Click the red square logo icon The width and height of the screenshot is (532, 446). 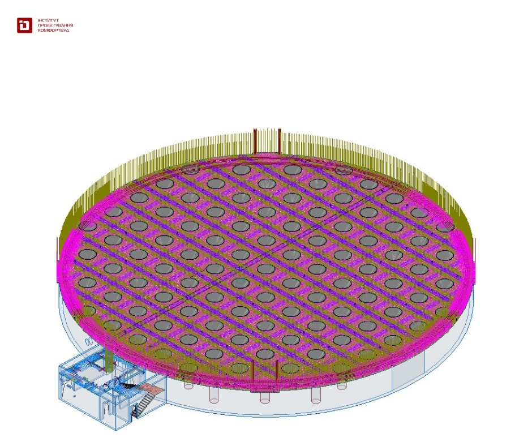point(24,25)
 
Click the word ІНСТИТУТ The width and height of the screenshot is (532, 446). point(48,21)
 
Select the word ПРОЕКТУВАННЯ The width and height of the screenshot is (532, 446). point(55,25)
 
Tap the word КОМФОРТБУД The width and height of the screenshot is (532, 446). point(53,30)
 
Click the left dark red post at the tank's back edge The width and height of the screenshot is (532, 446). point(255,142)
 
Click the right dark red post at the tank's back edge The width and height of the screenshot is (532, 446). point(279,142)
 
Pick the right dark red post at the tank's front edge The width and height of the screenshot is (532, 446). point(277,375)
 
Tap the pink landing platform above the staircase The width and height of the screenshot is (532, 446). point(152,389)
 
